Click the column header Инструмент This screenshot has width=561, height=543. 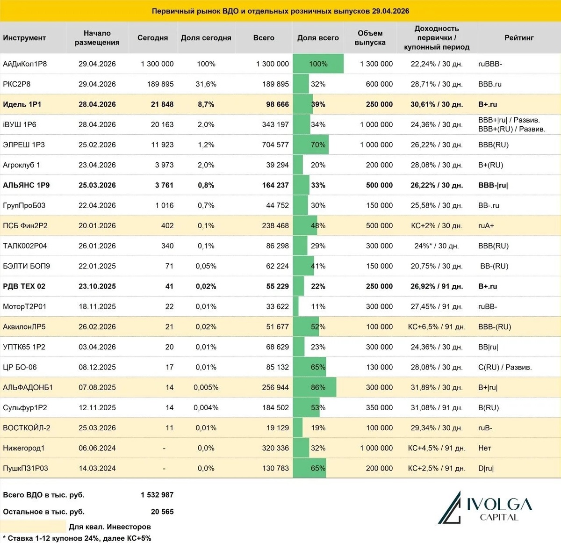(x=24, y=38)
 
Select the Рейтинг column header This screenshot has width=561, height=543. (x=518, y=38)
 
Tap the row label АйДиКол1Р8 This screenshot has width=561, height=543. (x=25, y=64)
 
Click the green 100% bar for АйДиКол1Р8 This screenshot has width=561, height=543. (x=318, y=64)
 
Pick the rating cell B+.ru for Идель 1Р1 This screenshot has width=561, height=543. (x=488, y=104)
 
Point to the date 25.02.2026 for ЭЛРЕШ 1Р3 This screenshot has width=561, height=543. (x=97, y=145)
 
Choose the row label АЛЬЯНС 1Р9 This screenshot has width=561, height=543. (x=26, y=185)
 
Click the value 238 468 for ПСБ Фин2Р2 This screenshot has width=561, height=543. (x=275, y=225)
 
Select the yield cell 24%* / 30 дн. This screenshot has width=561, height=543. (x=436, y=246)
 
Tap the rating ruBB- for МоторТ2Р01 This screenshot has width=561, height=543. (x=488, y=307)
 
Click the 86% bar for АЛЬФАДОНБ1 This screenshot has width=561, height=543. (x=315, y=387)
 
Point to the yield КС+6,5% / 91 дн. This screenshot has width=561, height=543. (x=436, y=327)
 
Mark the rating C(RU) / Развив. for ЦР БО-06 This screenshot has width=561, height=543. (x=505, y=367)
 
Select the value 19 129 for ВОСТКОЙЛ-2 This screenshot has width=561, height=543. (x=277, y=428)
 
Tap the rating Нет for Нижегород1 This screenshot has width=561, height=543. (x=485, y=448)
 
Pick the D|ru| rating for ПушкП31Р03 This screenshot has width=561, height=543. (x=486, y=468)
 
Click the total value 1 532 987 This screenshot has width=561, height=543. (x=157, y=495)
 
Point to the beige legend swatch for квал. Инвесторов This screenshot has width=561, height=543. (x=33, y=526)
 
